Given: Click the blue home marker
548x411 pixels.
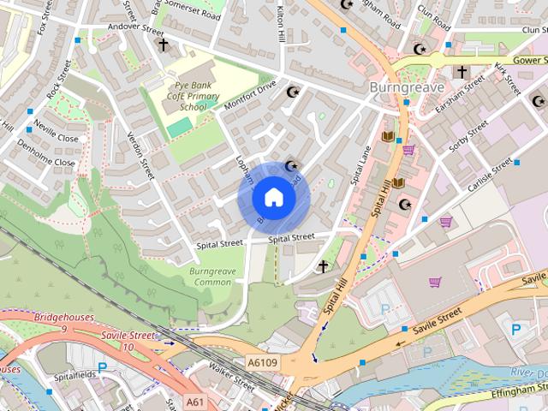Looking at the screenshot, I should (273, 198).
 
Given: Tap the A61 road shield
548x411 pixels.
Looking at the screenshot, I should (196, 400).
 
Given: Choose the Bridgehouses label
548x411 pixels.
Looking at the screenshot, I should (65, 318).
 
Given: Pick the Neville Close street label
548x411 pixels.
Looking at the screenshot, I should (56, 138).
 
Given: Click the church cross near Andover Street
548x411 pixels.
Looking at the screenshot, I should (164, 45).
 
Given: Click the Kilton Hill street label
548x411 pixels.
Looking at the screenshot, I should (280, 23).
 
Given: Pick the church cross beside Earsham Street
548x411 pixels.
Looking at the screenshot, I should (462, 72).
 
